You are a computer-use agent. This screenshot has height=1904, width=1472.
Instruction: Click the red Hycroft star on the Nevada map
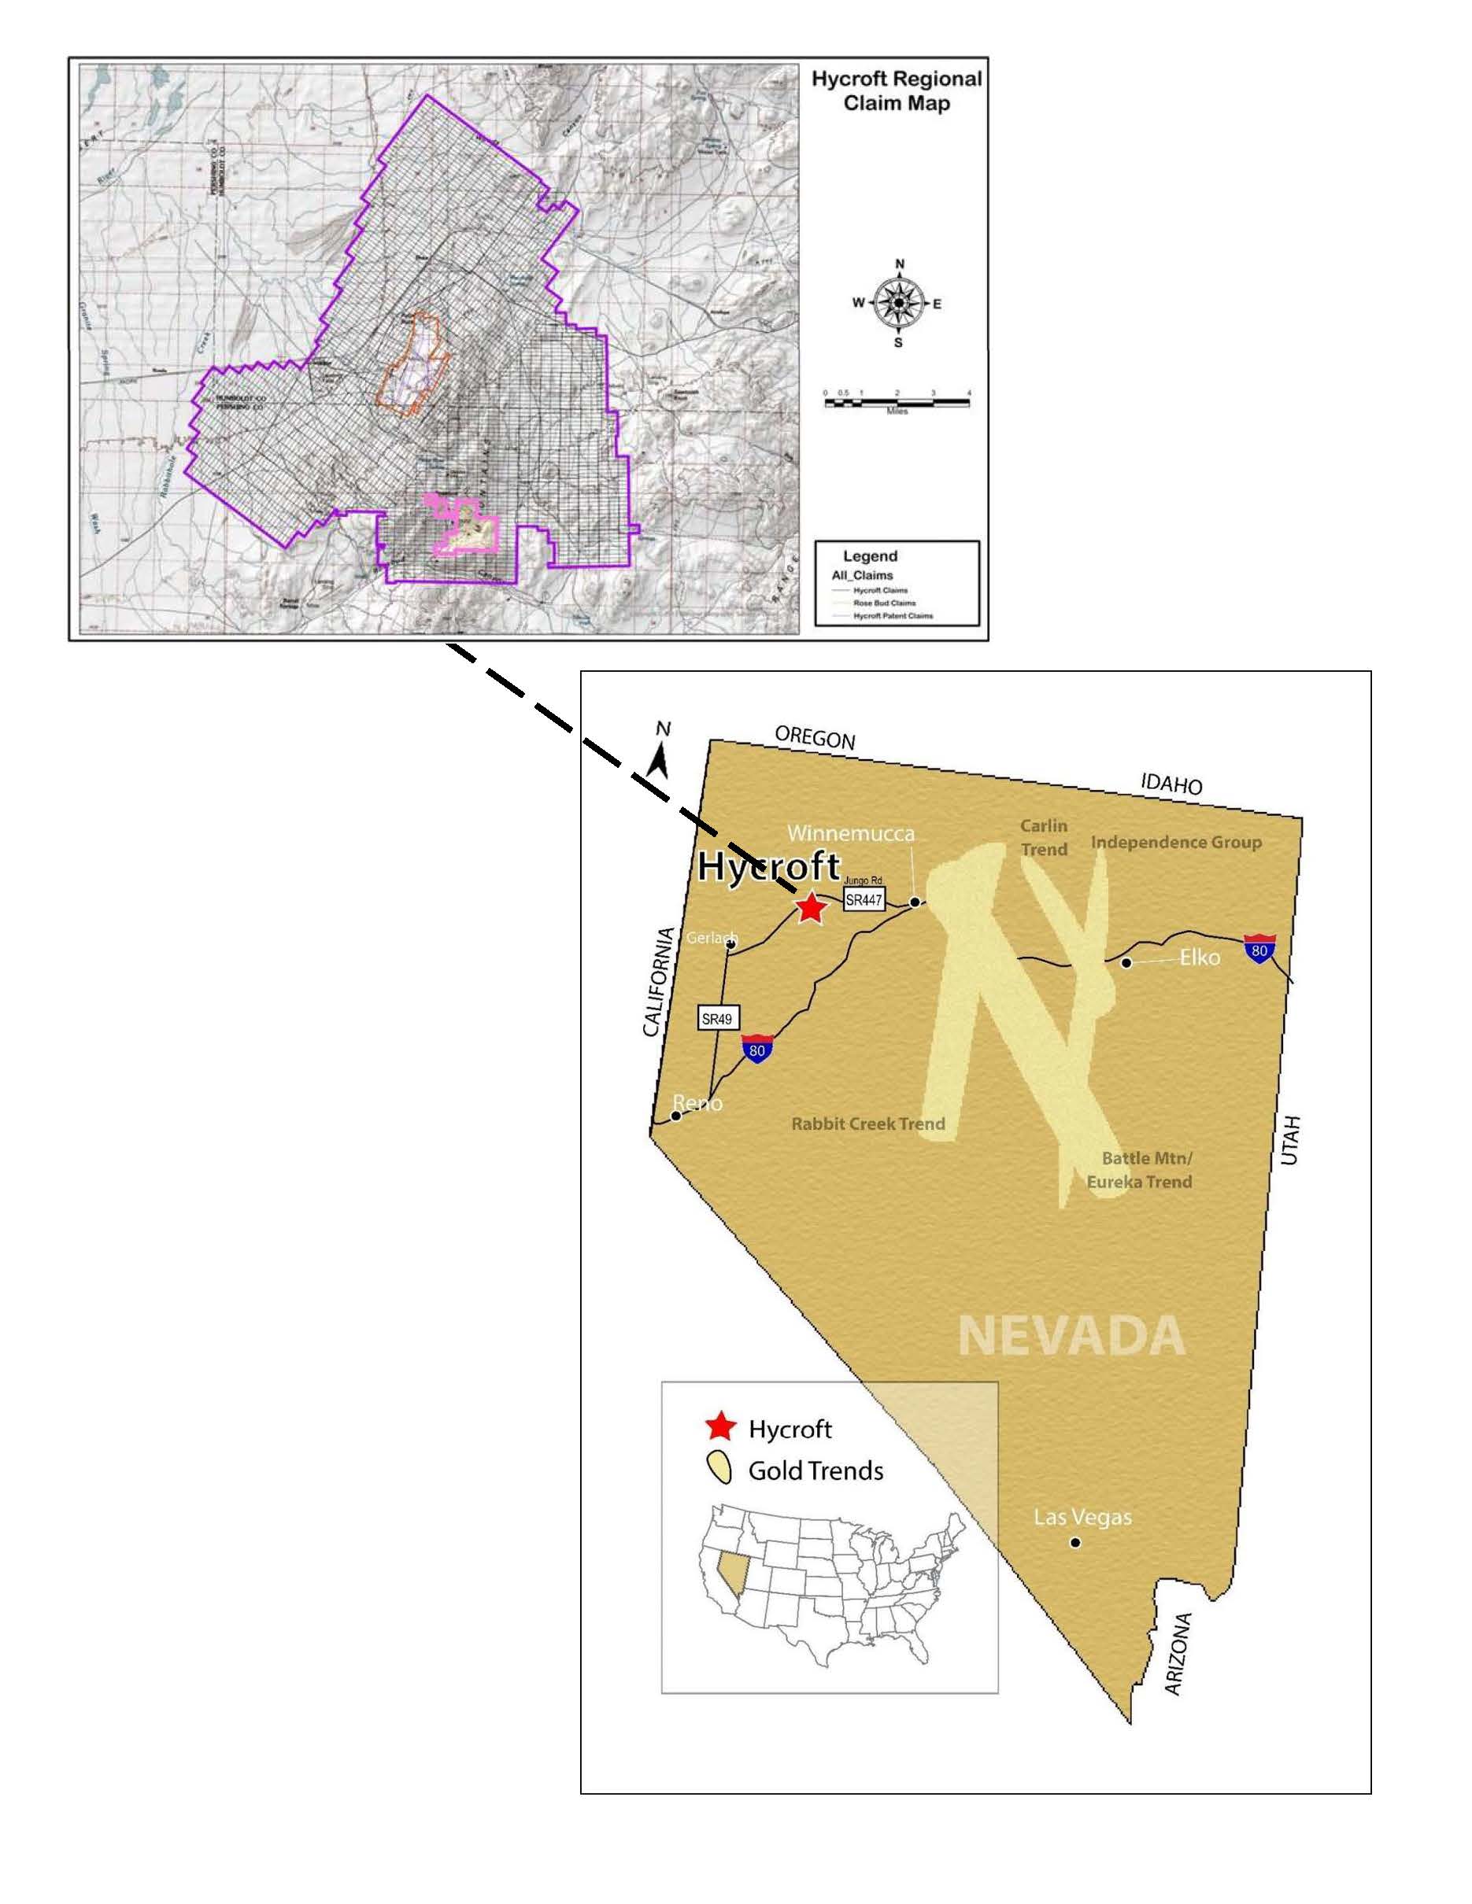pyautogui.click(x=811, y=909)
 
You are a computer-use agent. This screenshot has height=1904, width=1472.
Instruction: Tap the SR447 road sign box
pyautogui.click(x=864, y=900)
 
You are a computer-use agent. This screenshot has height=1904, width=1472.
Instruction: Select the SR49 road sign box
pyautogui.click(x=717, y=1018)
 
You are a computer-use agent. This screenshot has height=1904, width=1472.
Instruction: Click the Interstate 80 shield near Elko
pyautogui.click(x=1259, y=949)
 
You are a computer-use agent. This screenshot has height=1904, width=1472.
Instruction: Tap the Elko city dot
pyautogui.click(x=1126, y=962)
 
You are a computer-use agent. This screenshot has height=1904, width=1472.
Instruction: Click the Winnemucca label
pyautogui.click(x=850, y=833)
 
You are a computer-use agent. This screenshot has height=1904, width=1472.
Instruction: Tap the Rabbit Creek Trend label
pyautogui.click(x=867, y=1124)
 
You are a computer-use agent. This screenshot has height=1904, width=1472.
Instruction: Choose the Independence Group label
pyautogui.click(x=1175, y=842)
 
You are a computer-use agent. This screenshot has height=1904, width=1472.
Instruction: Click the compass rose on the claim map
pyautogui.click(x=898, y=302)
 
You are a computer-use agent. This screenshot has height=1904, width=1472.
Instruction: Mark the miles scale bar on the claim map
pyautogui.click(x=897, y=402)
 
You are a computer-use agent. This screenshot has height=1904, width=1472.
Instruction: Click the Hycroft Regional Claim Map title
pyautogui.click(x=897, y=90)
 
